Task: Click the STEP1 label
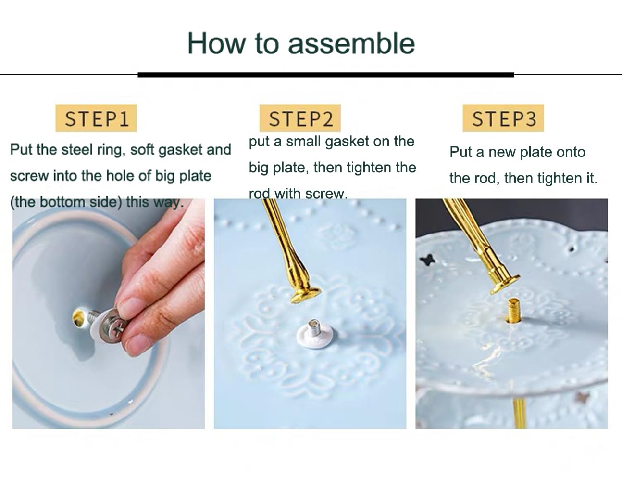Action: (96, 118)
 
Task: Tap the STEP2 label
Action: (300, 118)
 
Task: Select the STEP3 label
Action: (503, 118)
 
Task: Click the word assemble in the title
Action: (351, 44)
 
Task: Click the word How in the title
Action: (217, 43)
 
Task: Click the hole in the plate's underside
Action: (78, 317)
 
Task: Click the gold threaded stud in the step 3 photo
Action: (514, 310)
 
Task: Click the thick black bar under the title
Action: (326, 75)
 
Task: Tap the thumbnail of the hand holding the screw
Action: (109, 313)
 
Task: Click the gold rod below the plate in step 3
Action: (520, 412)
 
